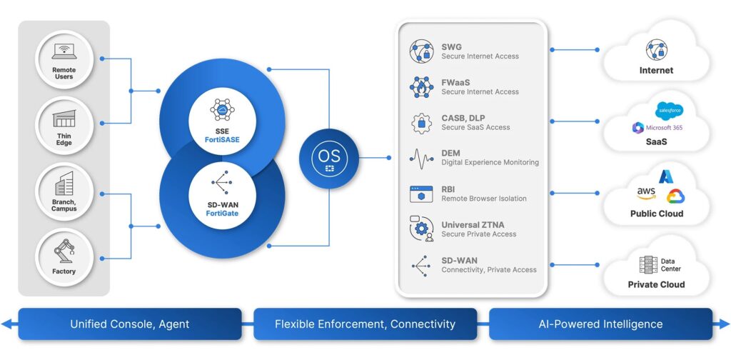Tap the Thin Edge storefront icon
[64, 117]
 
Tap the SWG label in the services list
[452, 46]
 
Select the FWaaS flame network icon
[421, 87]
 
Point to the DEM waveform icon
[421, 158]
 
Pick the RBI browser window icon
[421, 194]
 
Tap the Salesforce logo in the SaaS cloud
[669, 111]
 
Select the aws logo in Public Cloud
[645, 194]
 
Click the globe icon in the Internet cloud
[656, 50]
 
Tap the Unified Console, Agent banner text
[129, 324]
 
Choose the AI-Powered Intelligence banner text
[600, 324]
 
